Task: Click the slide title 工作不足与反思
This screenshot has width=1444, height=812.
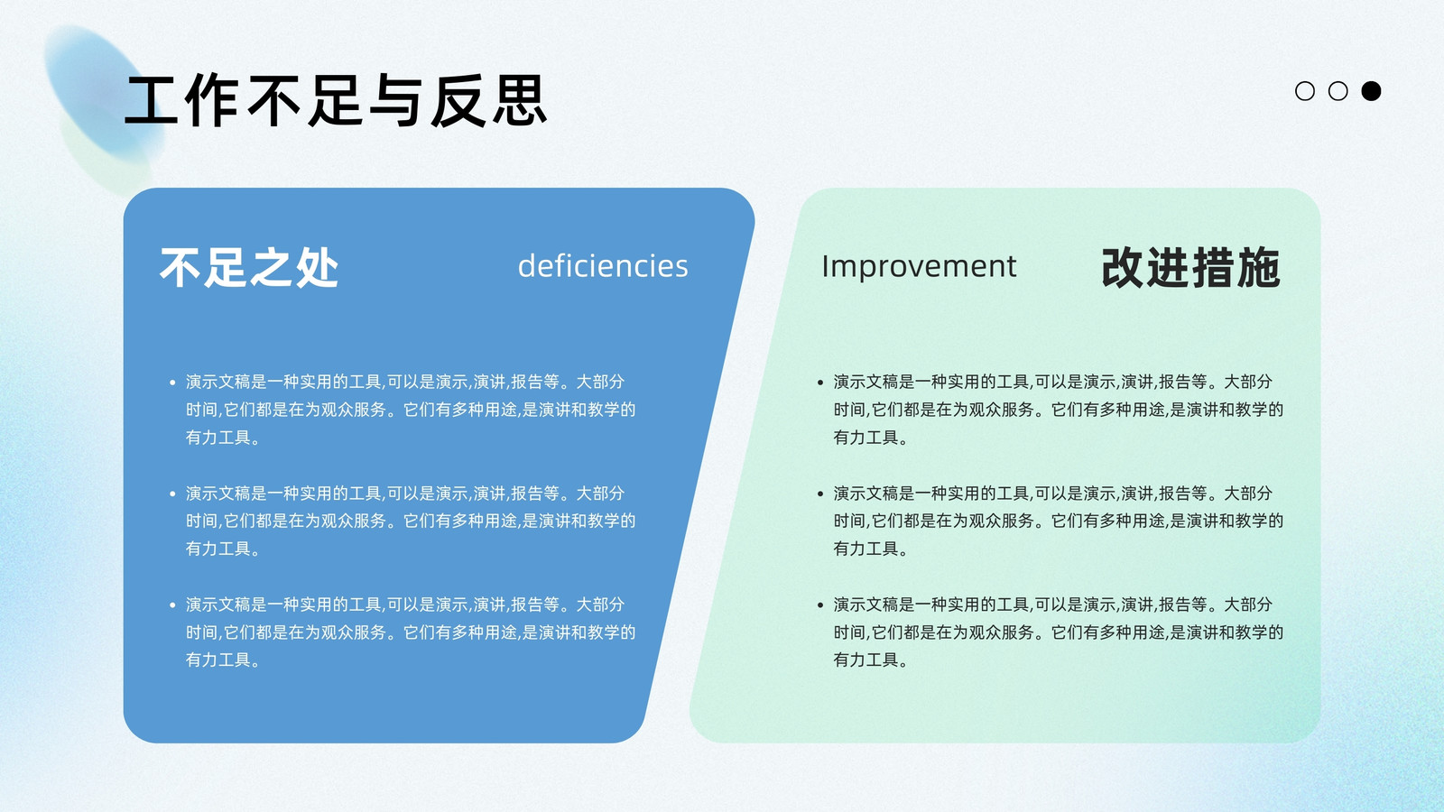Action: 336,100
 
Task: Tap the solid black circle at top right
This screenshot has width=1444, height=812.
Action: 1371,91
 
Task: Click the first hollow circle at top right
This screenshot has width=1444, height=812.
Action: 1305,91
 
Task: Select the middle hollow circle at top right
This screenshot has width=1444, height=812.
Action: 1338,91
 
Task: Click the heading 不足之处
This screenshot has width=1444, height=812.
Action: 249,267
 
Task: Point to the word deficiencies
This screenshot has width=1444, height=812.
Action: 603,265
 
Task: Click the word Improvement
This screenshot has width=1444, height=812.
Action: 919,266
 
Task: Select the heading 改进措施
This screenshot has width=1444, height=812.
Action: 1190,267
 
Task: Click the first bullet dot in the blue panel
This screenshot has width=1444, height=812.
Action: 172,383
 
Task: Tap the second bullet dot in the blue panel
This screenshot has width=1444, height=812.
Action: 172,494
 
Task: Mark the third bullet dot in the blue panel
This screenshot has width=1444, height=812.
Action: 172,605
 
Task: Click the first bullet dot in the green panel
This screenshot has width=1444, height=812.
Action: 820,383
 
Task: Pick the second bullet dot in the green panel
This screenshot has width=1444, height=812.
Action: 820,494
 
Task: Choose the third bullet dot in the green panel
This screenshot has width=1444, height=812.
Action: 820,605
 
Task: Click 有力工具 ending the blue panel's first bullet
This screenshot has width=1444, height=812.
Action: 218,438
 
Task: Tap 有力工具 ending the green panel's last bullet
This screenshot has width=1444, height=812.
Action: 865,660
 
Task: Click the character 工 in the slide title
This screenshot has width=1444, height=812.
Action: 151,100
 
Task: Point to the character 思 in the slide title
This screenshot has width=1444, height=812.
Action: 520,100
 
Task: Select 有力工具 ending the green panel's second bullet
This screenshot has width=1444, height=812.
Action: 865,549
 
